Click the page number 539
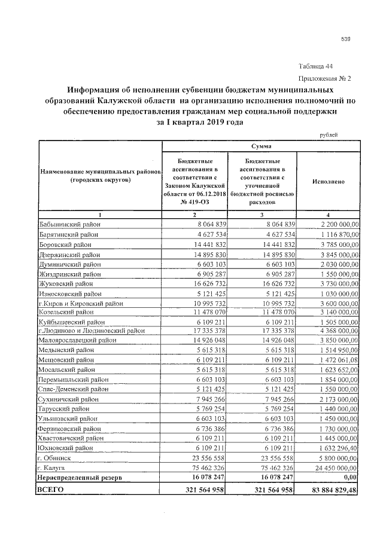(x=345, y=39)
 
